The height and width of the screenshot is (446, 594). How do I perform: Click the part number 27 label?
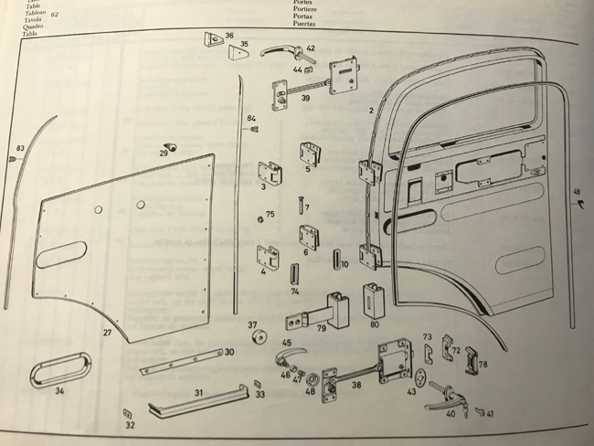click(107, 334)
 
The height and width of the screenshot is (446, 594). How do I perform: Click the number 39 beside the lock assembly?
click(305, 97)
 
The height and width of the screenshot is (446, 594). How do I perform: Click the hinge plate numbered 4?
click(269, 260)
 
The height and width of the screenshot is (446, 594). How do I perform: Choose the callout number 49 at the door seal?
click(577, 192)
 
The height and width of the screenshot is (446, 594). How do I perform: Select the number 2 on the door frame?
click(370, 110)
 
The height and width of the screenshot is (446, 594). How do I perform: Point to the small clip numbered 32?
click(125, 415)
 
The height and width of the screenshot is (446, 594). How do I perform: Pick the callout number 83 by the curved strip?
click(19, 149)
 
